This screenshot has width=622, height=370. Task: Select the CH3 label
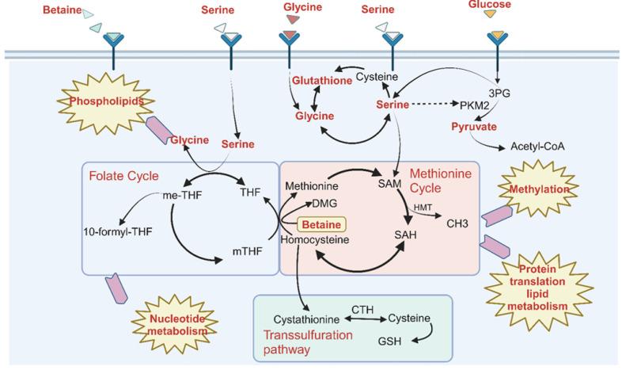click(458, 223)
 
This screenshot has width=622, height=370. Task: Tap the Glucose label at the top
click(495, 5)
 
